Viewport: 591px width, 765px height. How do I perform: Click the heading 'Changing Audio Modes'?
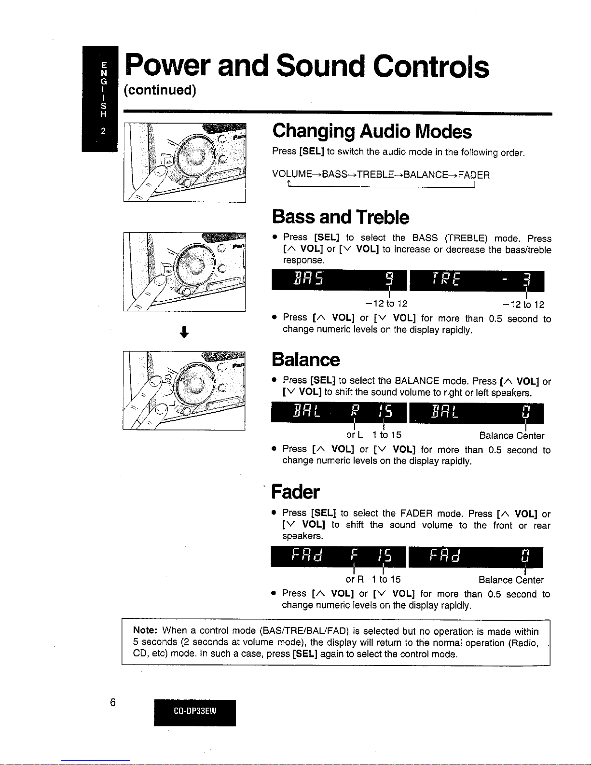(372, 131)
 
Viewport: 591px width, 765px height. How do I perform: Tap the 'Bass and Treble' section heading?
(341, 217)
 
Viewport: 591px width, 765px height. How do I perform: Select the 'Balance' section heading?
(306, 360)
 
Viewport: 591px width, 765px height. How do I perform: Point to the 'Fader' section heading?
(295, 492)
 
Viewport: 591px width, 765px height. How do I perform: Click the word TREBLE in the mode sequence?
(375, 175)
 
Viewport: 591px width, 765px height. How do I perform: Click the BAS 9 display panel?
(339, 280)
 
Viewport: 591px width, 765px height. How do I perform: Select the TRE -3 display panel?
(477, 281)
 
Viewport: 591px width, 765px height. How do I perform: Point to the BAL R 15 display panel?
(339, 412)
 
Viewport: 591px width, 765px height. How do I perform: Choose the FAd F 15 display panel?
(338, 556)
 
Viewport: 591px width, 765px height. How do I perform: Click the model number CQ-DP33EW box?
(195, 712)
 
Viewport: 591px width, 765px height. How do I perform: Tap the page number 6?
(112, 702)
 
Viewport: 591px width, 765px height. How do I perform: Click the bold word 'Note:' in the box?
(145, 630)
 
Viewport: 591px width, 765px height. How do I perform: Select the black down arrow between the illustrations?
(184, 332)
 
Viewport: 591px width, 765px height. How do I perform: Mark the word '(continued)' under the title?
(160, 90)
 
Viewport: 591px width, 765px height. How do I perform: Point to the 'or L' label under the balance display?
(354, 435)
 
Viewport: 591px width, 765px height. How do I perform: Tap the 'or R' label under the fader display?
(355, 580)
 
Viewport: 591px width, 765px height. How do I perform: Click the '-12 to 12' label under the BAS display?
(386, 304)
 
